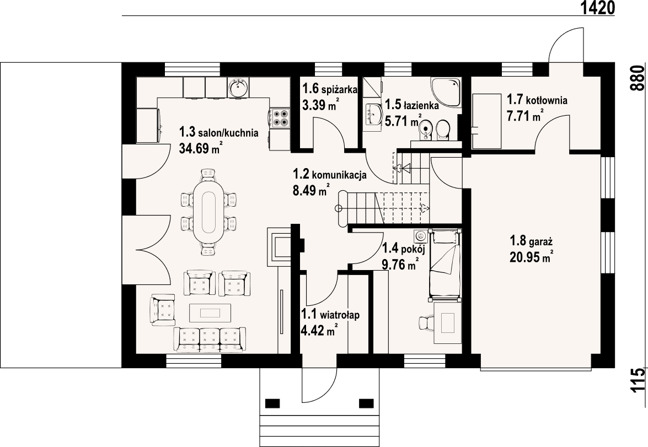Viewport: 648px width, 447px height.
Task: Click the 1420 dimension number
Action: pos(598,7)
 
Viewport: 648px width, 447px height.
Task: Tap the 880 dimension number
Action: pos(638,78)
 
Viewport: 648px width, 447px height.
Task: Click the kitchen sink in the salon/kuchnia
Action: pos(238,87)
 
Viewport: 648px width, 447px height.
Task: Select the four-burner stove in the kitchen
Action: pos(280,117)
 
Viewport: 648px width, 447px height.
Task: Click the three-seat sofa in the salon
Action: pos(210,340)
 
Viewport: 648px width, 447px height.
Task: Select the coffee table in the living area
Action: pos(210,313)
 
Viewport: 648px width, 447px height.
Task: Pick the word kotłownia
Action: pos(547,100)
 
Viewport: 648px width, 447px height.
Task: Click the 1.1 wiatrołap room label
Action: pos(330,315)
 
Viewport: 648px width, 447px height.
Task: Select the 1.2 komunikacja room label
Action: pos(330,174)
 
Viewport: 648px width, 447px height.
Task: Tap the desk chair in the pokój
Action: pos(426,322)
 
